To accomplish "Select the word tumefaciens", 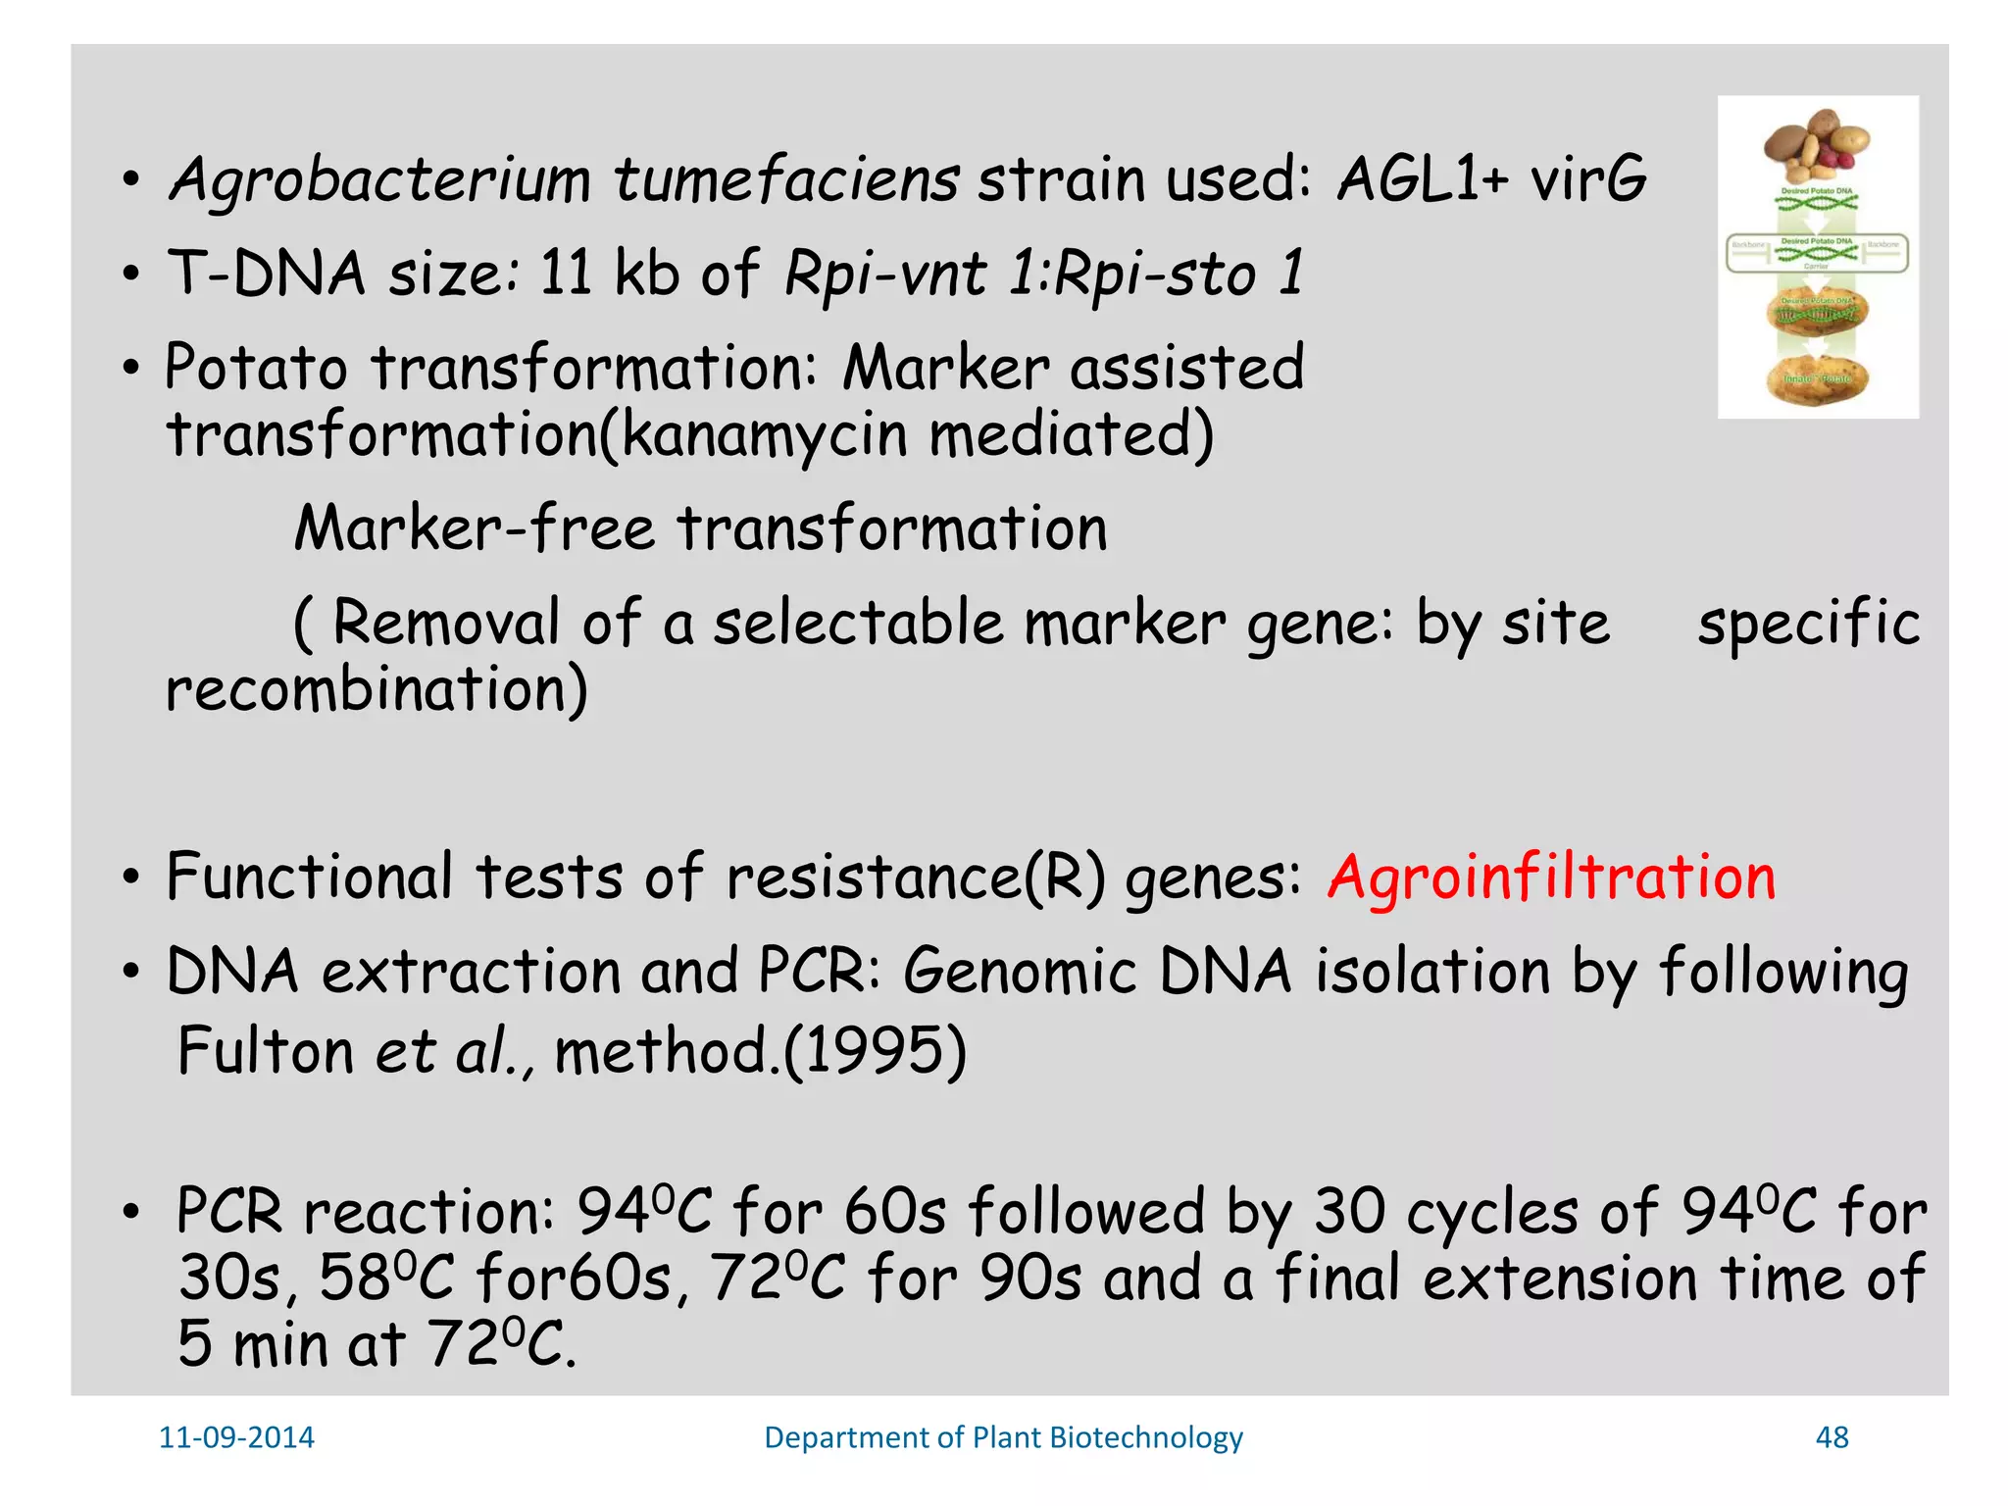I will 786,180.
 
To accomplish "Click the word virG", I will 1589,180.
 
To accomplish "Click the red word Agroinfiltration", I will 1551,877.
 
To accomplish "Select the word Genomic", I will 1020,972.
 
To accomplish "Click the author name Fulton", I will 265,1051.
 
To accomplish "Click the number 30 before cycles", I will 1349,1212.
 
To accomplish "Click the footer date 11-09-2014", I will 236,1437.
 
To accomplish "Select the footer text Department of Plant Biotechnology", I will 1003,1437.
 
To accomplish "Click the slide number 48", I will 1832,1437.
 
